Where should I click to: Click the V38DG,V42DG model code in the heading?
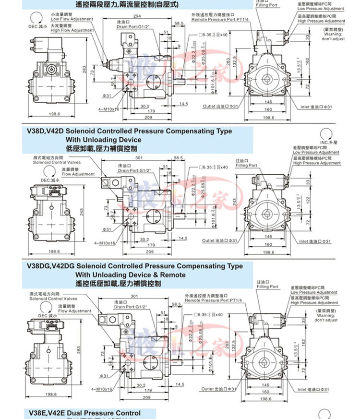tap(50, 265)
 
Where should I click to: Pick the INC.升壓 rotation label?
tap(330, 143)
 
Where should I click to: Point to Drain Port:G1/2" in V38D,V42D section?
tap(135, 170)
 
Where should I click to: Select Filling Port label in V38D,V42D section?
tap(246, 165)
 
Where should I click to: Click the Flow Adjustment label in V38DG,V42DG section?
tap(74, 311)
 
